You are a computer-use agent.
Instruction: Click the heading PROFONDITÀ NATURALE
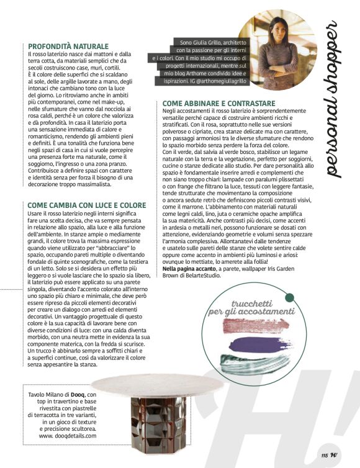68,47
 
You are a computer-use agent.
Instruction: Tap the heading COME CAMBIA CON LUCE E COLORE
87,205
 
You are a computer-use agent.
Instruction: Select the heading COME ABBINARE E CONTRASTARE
218,103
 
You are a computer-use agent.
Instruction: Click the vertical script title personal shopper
333,99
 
